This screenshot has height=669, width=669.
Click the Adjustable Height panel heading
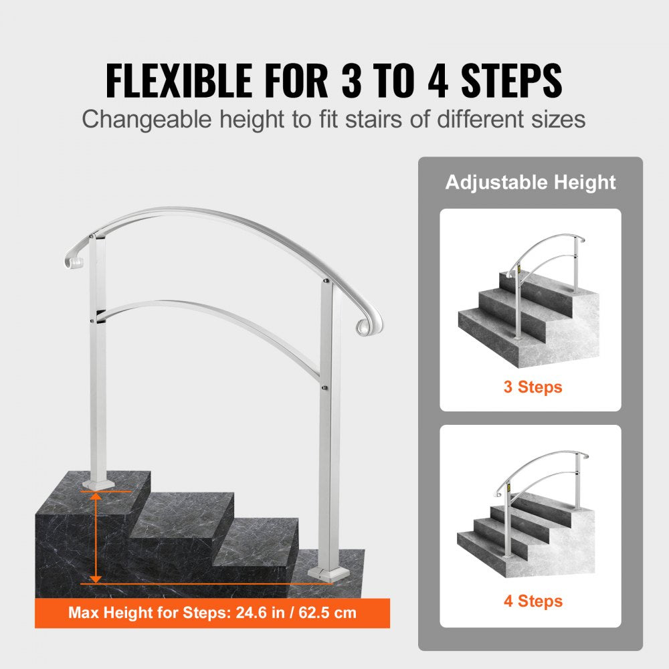tap(531, 182)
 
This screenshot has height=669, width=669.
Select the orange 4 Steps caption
tap(533, 601)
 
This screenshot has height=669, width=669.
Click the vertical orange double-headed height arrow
tap(96, 536)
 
